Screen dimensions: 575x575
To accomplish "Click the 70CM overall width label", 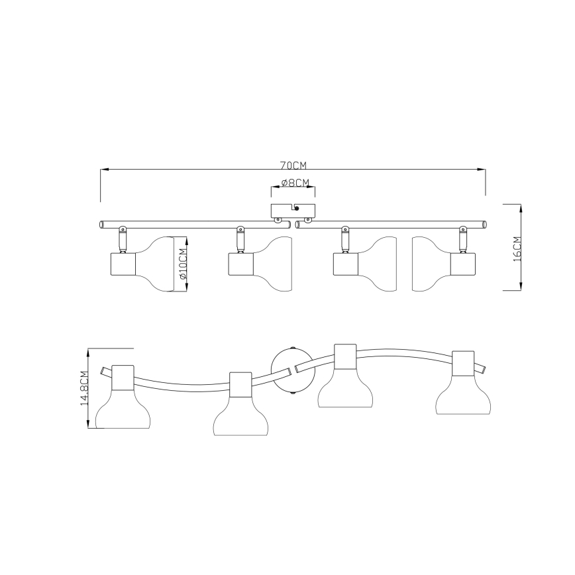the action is (293, 166).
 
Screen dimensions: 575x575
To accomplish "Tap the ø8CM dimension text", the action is (295, 183).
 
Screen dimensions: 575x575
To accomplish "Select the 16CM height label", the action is (517, 248).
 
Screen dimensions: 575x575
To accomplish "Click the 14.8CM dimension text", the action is (84, 388).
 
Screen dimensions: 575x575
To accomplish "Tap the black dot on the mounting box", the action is (297, 208).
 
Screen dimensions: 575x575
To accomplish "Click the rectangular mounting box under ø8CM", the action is (293, 211).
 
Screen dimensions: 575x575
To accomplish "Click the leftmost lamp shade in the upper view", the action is (154, 264).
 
